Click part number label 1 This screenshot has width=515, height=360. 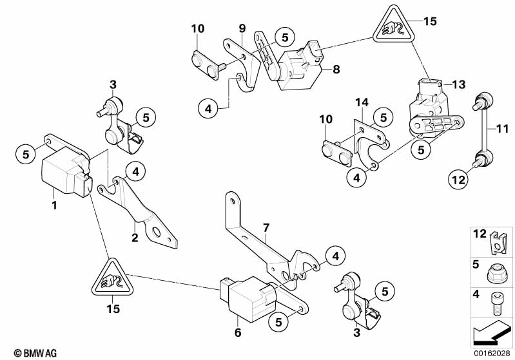click(x=55, y=206)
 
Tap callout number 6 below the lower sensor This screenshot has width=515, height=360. click(x=237, y=332)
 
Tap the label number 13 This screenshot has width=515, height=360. click(x=458, y=84)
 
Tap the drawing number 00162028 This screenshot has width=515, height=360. click(x=492, y=353)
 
